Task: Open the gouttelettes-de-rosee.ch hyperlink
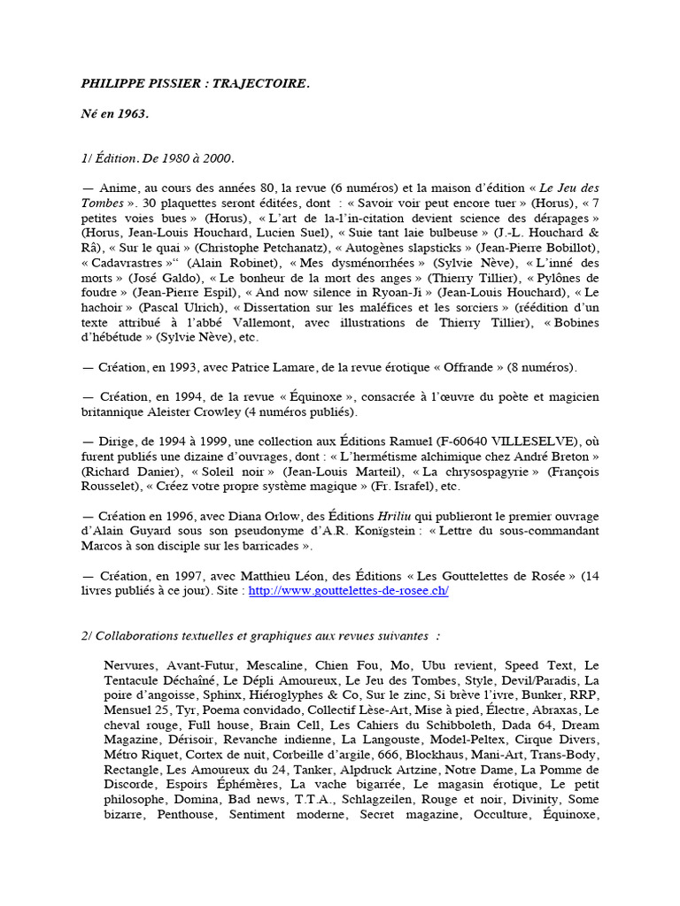[349, 591]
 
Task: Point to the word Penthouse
[186, 815]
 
